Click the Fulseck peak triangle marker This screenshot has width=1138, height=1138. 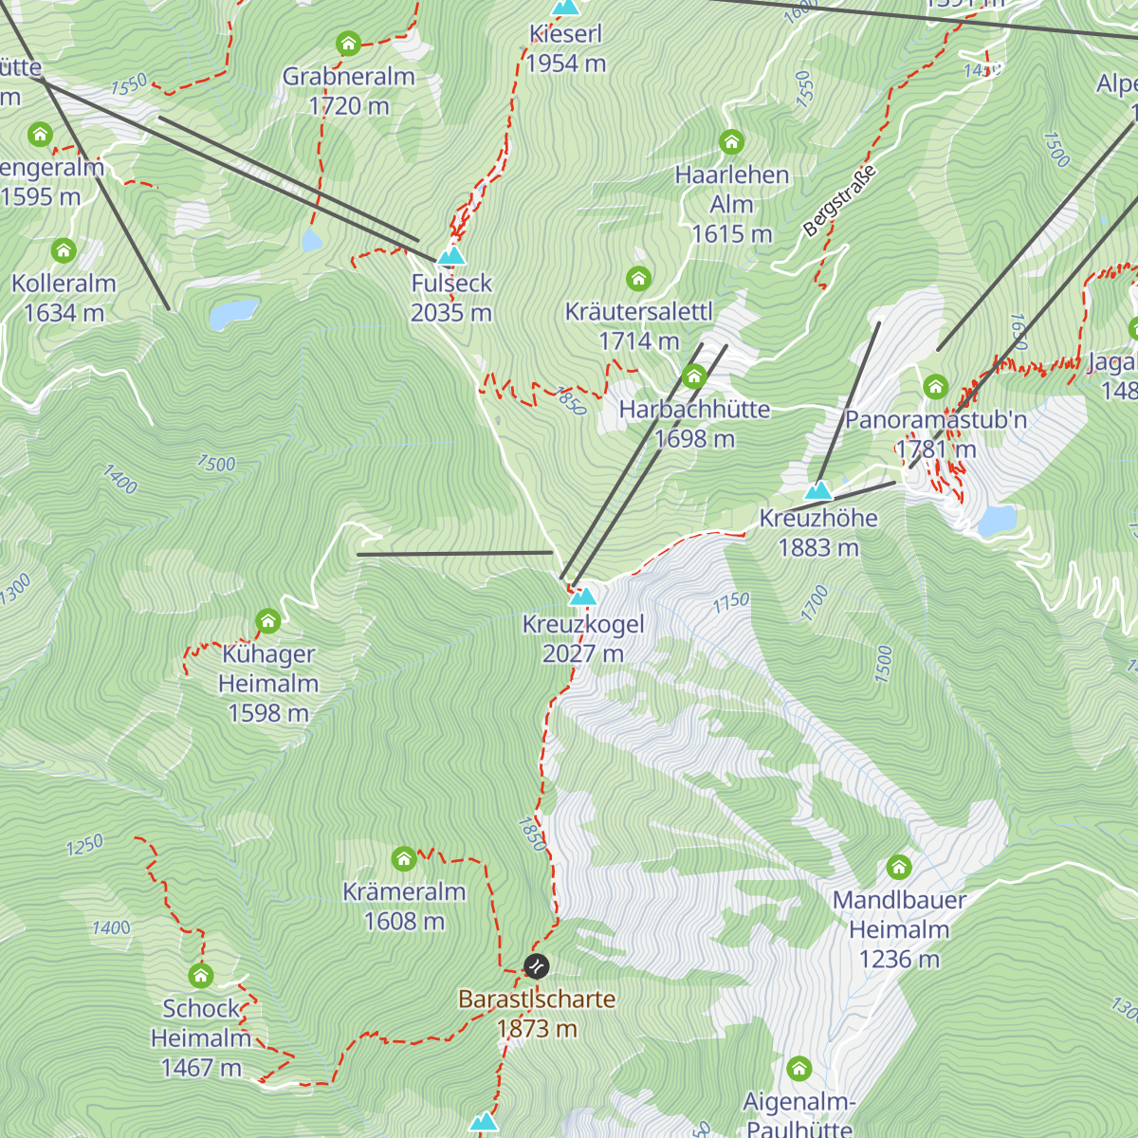click(451, 256)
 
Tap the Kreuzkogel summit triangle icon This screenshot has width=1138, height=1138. click(582, 597)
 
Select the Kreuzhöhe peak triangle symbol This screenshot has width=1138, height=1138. click(817, 491)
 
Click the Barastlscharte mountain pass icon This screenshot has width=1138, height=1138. click(536, 966)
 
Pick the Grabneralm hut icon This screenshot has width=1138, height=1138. click(348, 44)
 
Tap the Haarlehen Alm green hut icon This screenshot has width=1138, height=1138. click(731, 142)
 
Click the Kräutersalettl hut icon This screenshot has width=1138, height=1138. click(638, 279)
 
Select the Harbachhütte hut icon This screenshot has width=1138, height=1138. click(694, 377)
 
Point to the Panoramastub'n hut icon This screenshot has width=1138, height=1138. click(936, 387)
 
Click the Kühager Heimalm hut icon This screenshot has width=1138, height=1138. click(268, 622)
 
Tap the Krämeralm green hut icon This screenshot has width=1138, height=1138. click(404, 859)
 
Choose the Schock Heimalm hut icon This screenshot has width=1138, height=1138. click(200, 975)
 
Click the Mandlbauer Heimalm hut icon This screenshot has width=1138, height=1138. click(899, 867)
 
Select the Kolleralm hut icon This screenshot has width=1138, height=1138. click(64, 250)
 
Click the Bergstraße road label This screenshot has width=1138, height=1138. click(838, 201)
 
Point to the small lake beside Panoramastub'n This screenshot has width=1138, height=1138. click(996, 521)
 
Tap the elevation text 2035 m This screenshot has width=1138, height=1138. click(451, 313)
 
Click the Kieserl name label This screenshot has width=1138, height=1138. click(566, 34)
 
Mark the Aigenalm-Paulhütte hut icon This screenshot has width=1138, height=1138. click(799, 1070)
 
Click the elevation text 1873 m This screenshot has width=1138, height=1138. click(537, 1029)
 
